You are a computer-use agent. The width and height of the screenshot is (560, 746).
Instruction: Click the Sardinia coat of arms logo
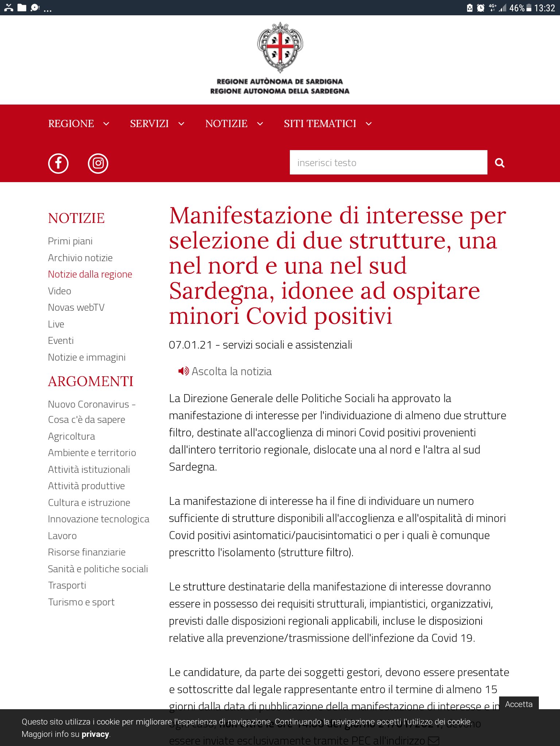[280, 47]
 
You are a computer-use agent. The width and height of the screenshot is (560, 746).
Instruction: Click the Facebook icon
[58, 163]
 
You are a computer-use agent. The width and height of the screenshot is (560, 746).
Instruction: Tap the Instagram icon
[98, 163]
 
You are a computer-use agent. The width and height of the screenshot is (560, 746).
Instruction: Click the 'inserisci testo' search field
[388, 162]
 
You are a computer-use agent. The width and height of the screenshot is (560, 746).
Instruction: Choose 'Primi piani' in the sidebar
[70, 241]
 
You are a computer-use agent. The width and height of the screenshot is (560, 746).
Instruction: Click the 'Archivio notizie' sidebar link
[80, 258]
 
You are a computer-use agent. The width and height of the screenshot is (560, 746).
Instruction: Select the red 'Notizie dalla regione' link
[90, 274]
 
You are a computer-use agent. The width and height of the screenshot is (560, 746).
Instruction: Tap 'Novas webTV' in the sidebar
[76, 307]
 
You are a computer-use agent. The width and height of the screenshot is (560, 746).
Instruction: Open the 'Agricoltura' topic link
[71, 436]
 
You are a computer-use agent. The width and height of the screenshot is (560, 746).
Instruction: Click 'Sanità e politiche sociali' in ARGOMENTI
[98, 569]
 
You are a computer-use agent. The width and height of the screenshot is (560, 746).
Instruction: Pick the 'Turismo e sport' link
[81, 602]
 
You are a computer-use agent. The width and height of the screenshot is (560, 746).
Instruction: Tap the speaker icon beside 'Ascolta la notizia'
[183, 371]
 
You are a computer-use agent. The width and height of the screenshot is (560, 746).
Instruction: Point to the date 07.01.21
[190, 345]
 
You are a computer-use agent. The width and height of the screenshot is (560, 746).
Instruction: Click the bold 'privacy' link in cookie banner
[95, 734]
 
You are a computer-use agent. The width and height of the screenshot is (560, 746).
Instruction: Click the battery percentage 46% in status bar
[517, 8]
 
